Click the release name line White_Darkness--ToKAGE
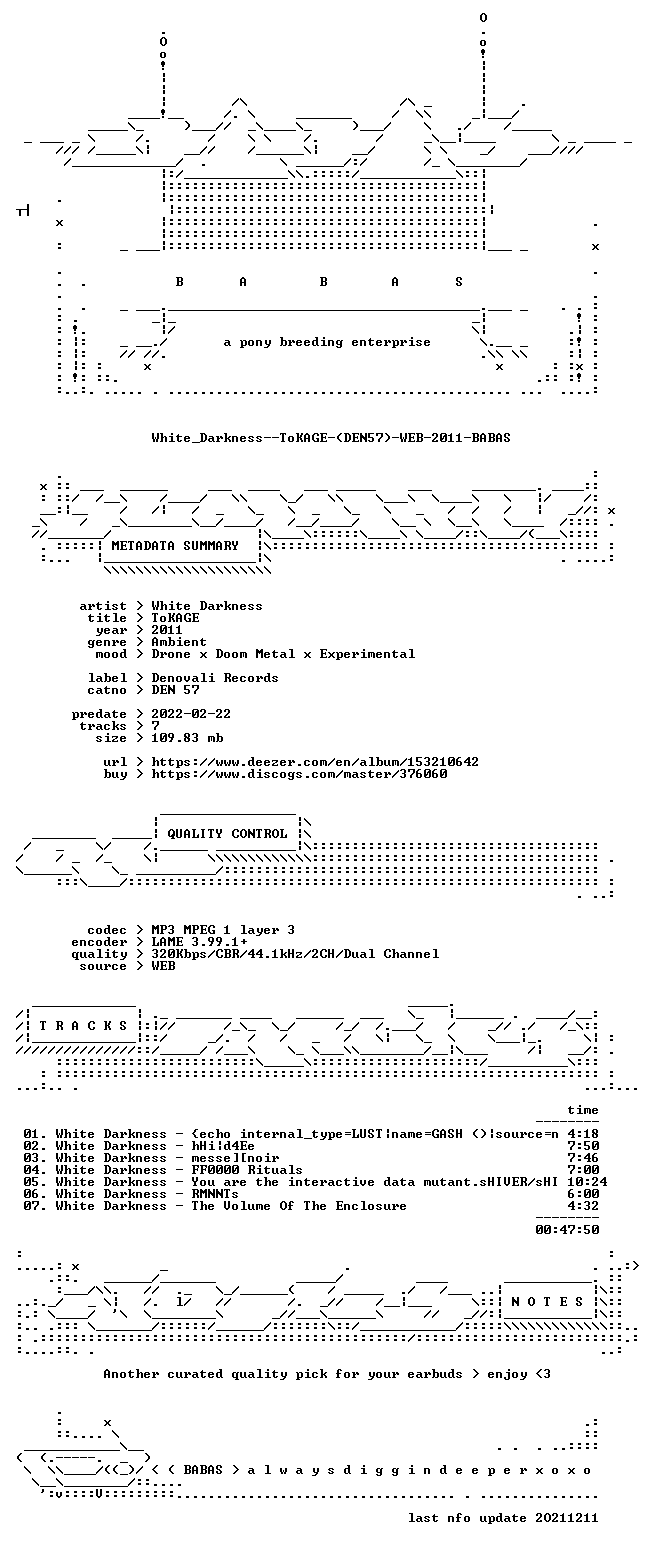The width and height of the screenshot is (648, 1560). coord(331,438)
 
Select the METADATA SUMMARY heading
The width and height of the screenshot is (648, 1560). coord(175,546)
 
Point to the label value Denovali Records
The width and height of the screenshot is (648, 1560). coord(215,678)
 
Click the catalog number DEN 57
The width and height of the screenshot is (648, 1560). coord(176,690)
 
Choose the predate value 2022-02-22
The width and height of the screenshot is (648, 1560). coord(191,714)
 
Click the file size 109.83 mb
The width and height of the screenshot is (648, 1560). coord(187,738)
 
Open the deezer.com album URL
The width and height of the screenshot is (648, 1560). coord(315,762)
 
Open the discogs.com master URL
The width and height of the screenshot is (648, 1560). coord(299,774)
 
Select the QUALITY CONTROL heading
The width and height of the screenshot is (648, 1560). coord(227,834)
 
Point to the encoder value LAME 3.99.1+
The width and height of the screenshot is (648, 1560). coord(199,942)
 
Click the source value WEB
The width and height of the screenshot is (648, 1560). coord(163,966)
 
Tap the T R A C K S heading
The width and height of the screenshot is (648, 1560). coord(83,1026)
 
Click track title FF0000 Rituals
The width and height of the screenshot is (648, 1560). coord(247,1170)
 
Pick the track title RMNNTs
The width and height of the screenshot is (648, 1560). coord(215,1194)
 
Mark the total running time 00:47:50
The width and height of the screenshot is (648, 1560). coord(567,1230)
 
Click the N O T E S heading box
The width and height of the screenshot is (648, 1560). coord(547,1302)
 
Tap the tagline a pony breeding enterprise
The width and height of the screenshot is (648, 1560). coord(327,342)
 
